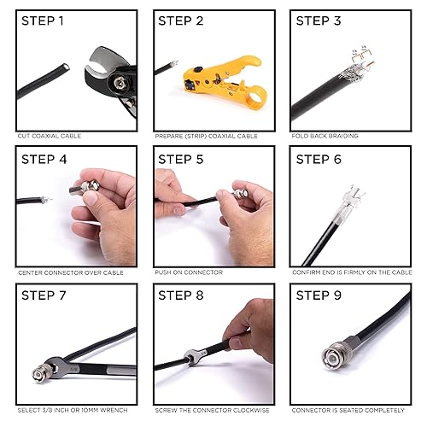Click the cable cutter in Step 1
pyautogui.click(x=111, y=81)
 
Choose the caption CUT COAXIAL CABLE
pyautogui.click(x=50, y=136)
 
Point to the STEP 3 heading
pyautogui.click(x=319, y=21)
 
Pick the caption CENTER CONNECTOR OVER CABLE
pyautogui.click(x=70, y=272)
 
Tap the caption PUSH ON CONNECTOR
pyautogui.click(x=189, y=272)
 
